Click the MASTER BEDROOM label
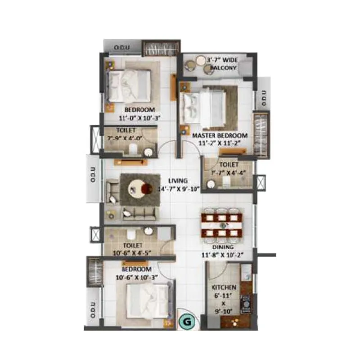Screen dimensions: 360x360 pos(220,135)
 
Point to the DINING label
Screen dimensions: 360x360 pos(223,247)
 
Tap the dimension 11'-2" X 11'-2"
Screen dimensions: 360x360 pos(220,143)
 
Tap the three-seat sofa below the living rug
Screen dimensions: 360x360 pos(139,213)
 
